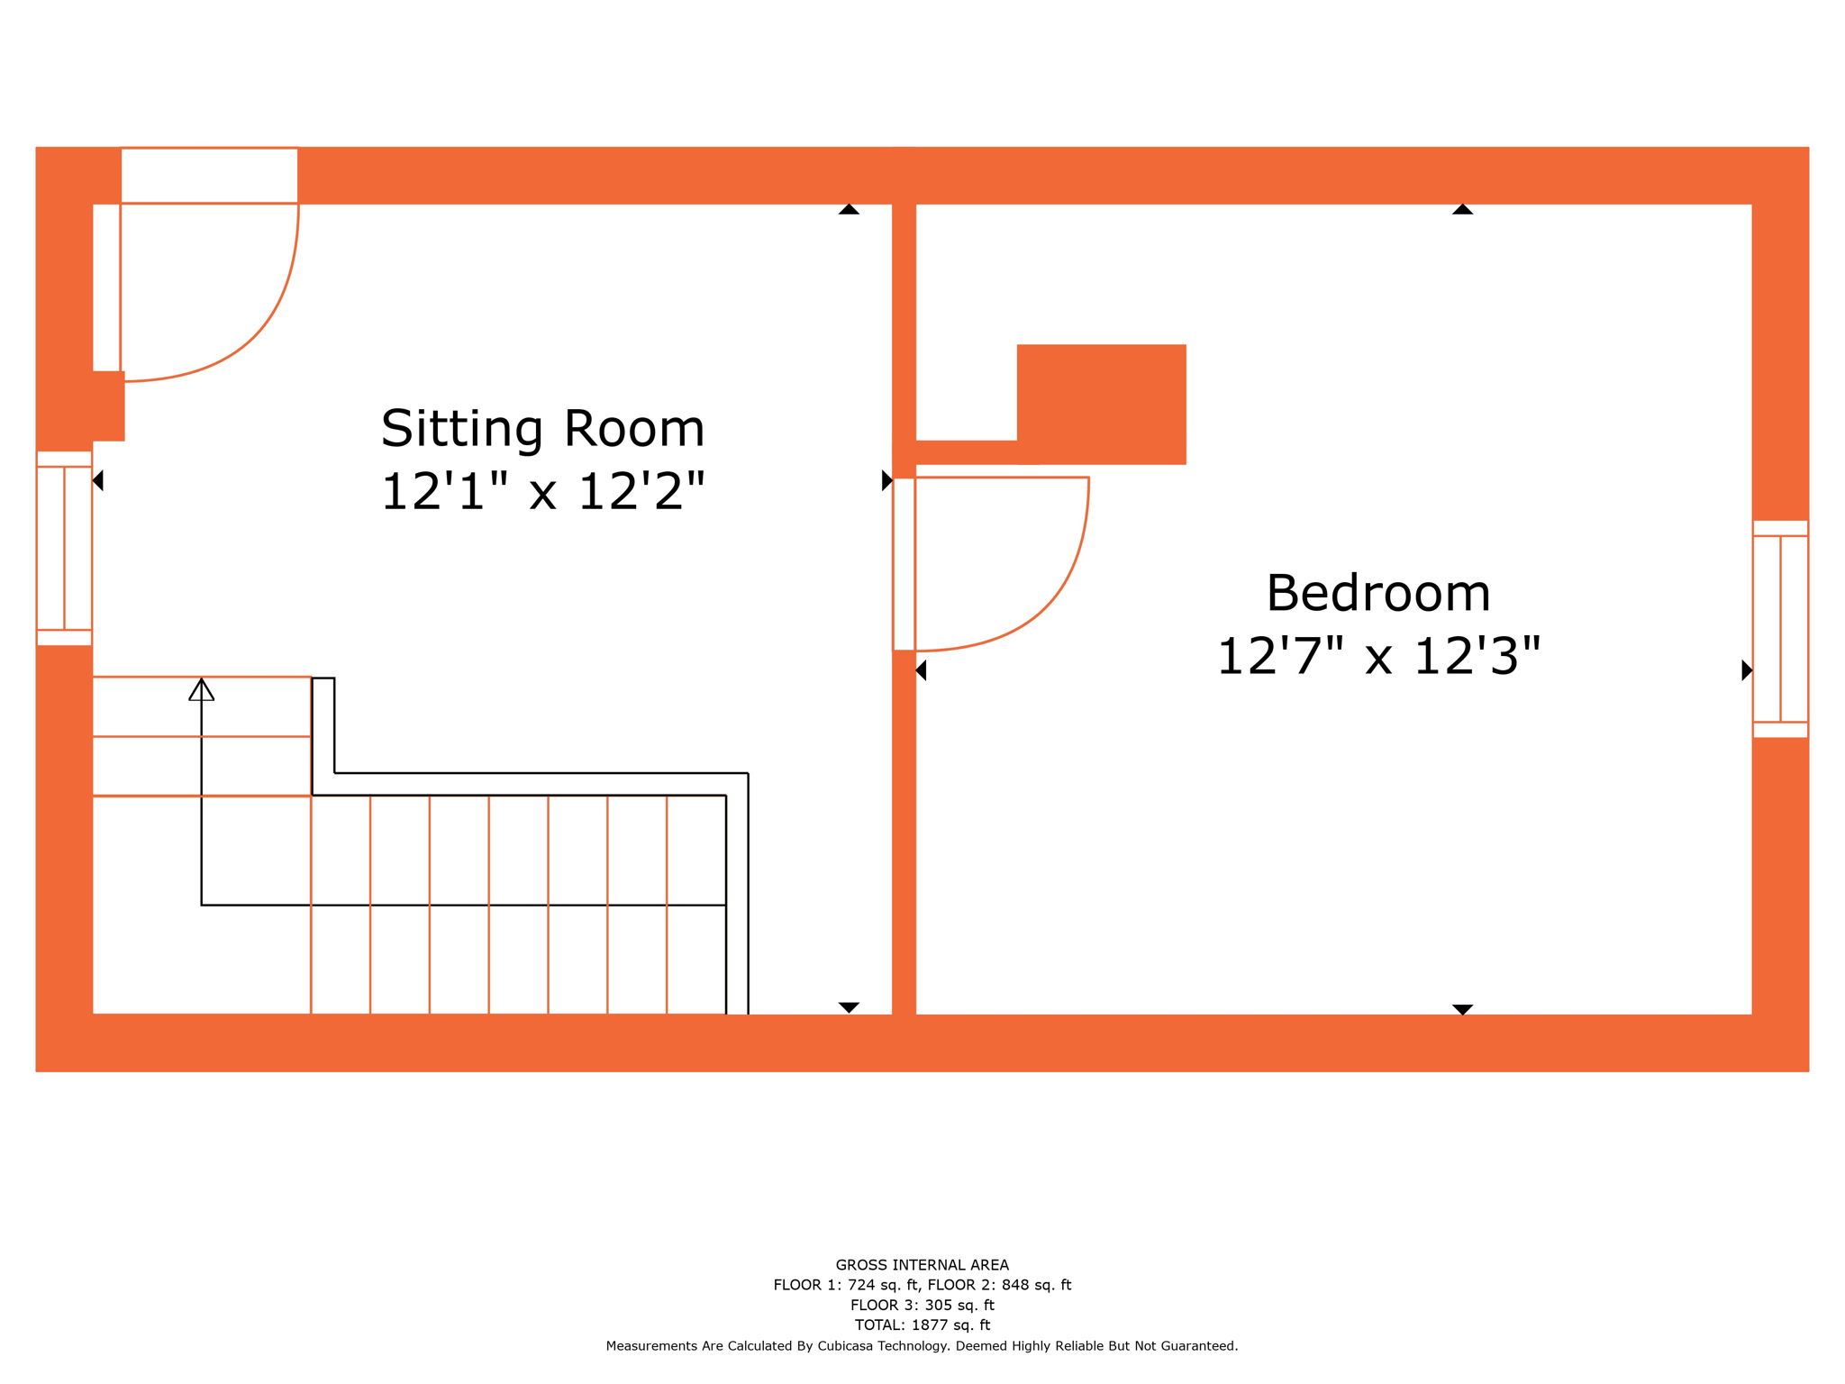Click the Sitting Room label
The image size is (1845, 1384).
542,429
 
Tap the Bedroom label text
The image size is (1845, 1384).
1378,594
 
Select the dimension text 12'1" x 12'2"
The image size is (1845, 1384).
542,492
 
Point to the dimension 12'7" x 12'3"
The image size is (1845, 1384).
1378,656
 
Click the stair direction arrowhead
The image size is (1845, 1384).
202,690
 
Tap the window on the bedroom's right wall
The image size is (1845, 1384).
1780,629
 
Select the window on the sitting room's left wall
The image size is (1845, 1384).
64,548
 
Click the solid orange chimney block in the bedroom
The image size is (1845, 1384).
1101,404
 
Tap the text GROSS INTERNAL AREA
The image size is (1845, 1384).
922,1265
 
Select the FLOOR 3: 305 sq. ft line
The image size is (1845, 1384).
922,1305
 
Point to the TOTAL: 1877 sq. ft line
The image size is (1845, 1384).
922,1325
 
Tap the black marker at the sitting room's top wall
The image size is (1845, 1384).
849,210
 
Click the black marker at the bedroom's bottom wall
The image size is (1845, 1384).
1462,1009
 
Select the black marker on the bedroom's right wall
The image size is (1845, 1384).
1746,670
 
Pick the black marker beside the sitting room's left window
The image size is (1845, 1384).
98,481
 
